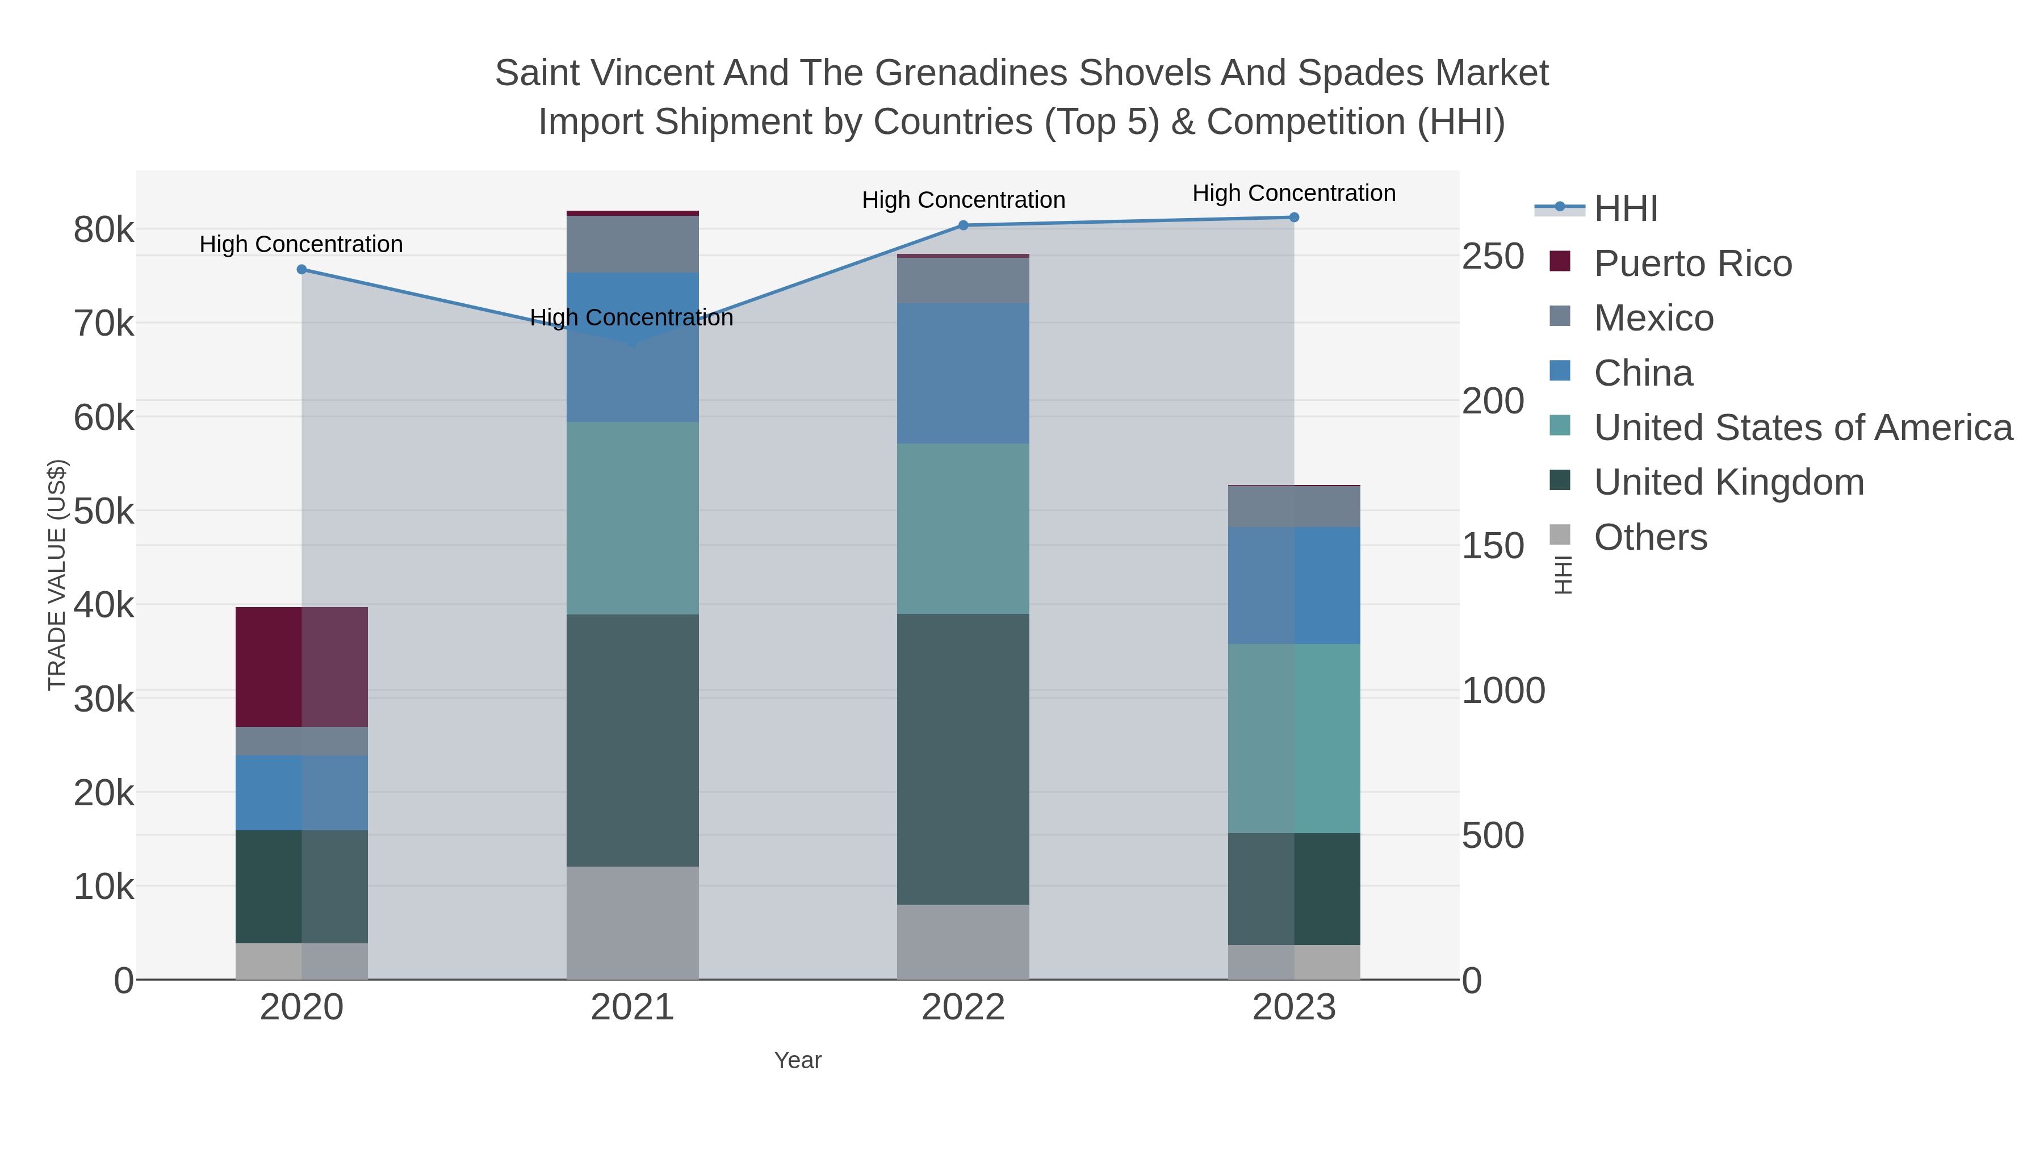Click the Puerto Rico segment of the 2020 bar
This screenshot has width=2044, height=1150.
(301, 667)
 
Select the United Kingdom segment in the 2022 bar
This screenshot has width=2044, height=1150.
(962, 759)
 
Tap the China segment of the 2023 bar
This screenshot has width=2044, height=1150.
(1293, 585)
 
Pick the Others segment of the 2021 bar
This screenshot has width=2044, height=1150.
(633, 922)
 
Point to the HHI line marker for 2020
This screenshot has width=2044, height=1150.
(301, 270)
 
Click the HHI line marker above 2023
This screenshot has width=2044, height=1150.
(1293, 218)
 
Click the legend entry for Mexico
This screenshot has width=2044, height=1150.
(1653, 318)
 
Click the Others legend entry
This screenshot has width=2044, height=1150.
(1651, 537)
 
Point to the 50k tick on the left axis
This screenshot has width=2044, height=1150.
(104, 512)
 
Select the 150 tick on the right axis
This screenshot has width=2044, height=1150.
(1493, 546)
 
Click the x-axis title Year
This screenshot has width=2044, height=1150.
(798, 1060)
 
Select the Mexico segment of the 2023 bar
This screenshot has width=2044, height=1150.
(1293, 507)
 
